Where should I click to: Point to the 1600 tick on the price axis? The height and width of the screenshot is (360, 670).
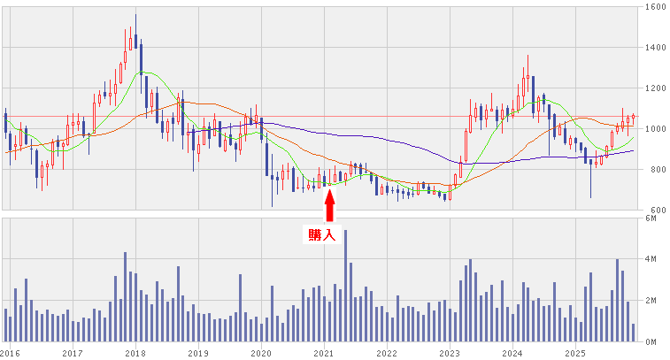656,6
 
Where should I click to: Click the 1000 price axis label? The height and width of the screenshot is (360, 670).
656,128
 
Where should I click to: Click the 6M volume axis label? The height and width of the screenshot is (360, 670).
651,218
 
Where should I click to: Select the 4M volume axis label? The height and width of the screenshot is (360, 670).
651,259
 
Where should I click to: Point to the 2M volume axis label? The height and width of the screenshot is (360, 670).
651,301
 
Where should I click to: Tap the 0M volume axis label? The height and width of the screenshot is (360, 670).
651,341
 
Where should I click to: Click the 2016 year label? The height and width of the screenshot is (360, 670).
10,352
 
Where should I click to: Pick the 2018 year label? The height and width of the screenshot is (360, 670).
135,352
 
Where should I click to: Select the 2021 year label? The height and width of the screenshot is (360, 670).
323,352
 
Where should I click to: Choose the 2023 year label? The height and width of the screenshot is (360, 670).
449,352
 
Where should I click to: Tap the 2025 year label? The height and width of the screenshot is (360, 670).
575,352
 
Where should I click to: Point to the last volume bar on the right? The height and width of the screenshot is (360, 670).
633,333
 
